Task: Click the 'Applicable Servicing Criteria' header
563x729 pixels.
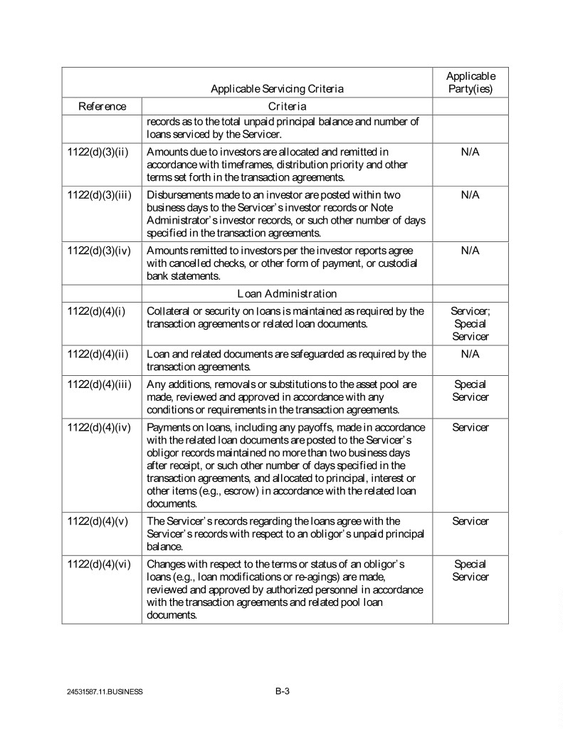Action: (x=277, y=89)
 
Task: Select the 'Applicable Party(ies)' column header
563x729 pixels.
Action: (x=470, y=83)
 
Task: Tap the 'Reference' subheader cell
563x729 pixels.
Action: (x=102, y=107)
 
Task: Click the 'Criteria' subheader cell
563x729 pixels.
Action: (x=287, y=107)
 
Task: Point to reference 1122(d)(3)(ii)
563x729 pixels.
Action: (x=98, y=152)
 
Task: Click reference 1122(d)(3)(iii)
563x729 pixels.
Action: (x=99, y=195)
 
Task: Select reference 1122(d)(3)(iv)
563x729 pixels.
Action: (x=99, y=251)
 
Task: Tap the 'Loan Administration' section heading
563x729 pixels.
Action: (x=287, y=293)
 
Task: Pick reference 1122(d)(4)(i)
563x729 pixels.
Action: (x=96, y=311)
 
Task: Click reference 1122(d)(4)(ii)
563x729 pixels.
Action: (x=98, y=354)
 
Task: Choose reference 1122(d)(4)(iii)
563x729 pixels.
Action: (x=99, y=384)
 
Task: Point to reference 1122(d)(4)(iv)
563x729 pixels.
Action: (x=99, y=427)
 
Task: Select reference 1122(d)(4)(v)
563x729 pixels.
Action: (x=98, y=521)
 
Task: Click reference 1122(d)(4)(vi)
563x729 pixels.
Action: (x=99, y=564)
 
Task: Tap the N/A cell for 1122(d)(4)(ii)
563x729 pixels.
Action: (x=470, y=354)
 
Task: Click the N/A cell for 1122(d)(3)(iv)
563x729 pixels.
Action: (x=470, y=251)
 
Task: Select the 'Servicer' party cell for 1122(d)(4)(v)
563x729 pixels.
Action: (x=470, y=521)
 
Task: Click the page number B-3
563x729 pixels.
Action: (x=282, y=690)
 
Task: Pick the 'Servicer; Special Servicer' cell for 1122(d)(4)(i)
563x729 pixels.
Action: (x=470, y=323)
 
